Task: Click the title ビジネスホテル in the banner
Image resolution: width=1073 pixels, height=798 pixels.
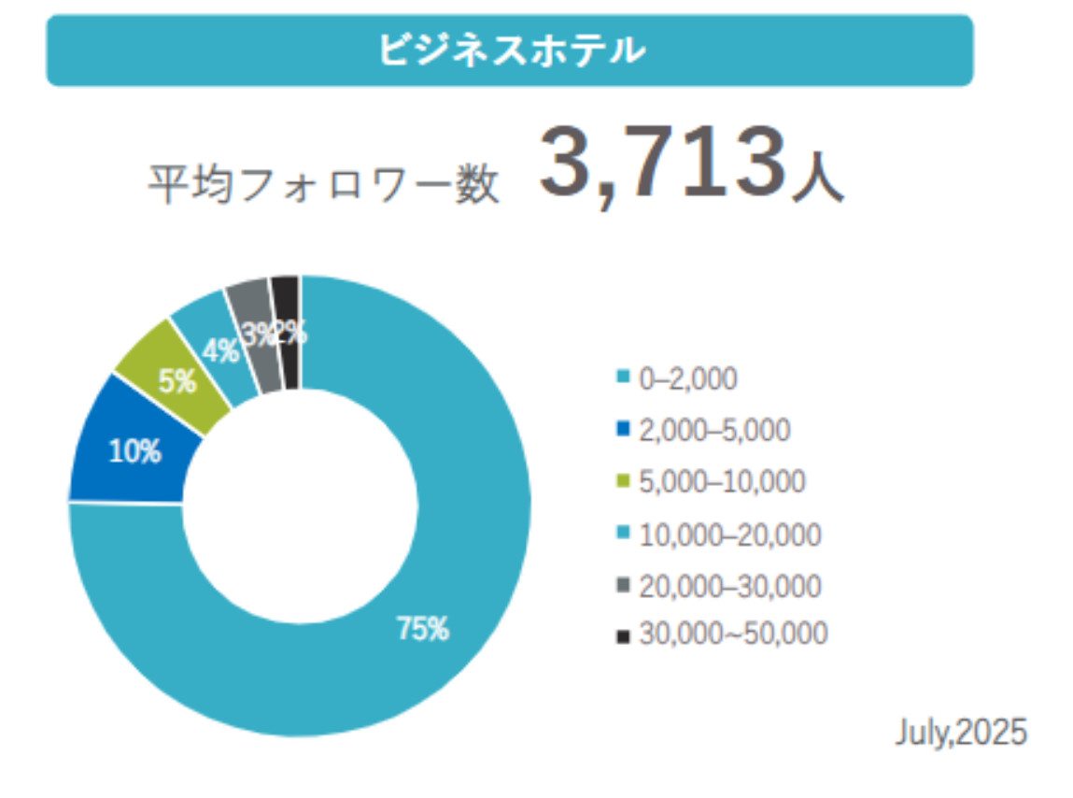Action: click(510, 50)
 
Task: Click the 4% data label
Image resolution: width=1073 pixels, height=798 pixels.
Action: click(220, 351)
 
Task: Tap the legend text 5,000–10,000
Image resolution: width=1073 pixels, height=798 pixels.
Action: click(722, 482)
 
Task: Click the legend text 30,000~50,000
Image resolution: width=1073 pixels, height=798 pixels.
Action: click(733, 634)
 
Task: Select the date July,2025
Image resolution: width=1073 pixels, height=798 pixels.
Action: click(961, 732)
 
